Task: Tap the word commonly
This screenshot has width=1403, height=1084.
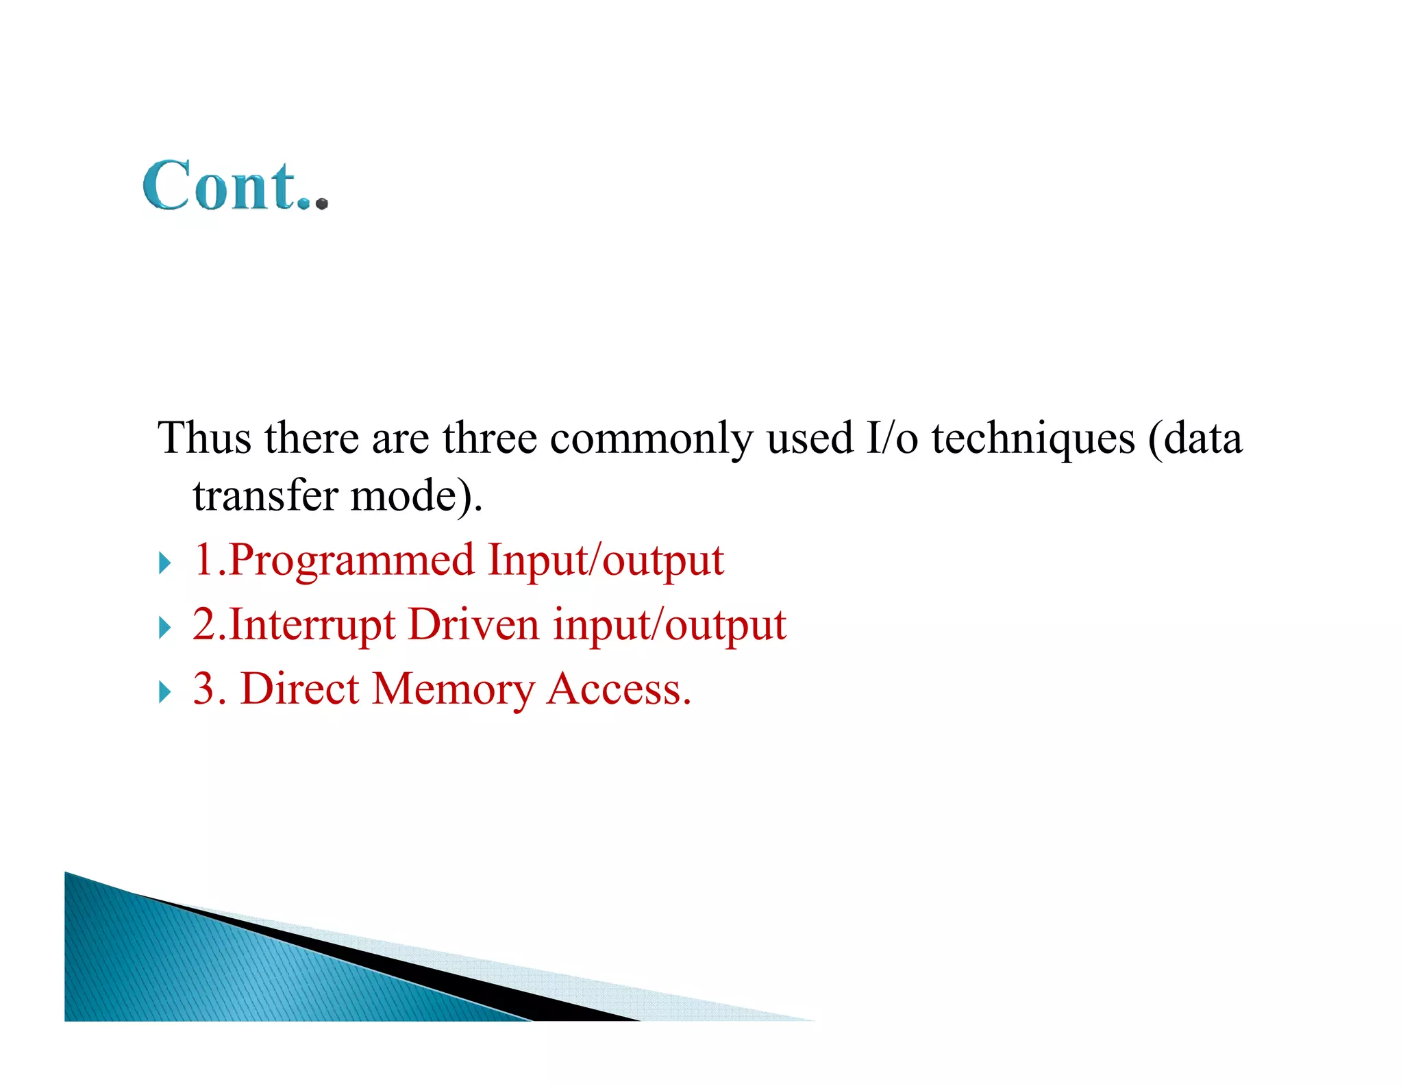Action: click(x=651, y=439)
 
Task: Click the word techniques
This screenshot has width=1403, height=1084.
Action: click(x=1033, y=439)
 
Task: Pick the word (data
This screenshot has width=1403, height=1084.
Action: click(x=1195, y=439)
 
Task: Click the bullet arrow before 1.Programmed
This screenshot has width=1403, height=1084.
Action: click(x=164, y=563)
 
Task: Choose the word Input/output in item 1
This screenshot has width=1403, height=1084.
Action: click(x=606, y=561)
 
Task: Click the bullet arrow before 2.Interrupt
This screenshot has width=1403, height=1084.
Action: click(x=164, y=627)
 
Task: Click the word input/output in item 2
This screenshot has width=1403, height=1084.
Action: click(x=669, y=624)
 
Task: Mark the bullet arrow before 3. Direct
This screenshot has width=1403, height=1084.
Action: click(x=164, y=691)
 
